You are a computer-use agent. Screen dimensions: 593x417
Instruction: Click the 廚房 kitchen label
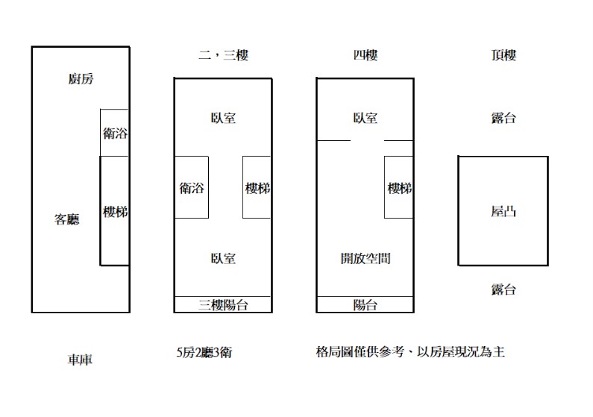coord(81,78)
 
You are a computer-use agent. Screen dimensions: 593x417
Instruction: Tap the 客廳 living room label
coord(67,219)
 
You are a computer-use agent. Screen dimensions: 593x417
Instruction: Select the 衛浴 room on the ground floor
coord(115,133)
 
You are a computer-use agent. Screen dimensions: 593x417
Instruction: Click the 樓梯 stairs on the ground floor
coord(115,210)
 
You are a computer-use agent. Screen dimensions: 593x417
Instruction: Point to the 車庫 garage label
coord(80,360)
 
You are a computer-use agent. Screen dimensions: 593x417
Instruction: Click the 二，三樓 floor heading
coord(224,55)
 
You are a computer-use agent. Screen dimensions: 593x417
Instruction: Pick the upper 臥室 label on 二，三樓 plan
coord(223,118)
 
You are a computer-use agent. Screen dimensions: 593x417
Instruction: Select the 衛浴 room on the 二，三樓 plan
coord(192,187)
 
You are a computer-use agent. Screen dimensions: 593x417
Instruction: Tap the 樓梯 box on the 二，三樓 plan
coord(257,187)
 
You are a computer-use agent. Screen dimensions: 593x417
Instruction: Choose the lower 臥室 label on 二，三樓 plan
coord(223,259)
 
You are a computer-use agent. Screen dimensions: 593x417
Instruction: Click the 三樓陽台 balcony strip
coord(223,304)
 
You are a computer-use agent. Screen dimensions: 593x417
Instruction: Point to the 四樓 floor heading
coord(365,55)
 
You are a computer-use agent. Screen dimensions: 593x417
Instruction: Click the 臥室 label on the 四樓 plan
coord(365,118)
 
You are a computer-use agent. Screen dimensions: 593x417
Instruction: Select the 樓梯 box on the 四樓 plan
coord(398,187)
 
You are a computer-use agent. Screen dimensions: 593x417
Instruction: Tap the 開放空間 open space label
coord(365,259)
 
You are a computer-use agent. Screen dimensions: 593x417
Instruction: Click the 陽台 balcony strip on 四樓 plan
coord(365,304)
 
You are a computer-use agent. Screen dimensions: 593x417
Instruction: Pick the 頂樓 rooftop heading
coord(503,55)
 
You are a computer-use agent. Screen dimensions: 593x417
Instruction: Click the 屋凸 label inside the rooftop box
coord(503,211)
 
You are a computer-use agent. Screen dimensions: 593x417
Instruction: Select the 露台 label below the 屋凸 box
coord(503,289)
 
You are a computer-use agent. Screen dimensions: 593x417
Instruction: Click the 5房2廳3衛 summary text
coord(204,352)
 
